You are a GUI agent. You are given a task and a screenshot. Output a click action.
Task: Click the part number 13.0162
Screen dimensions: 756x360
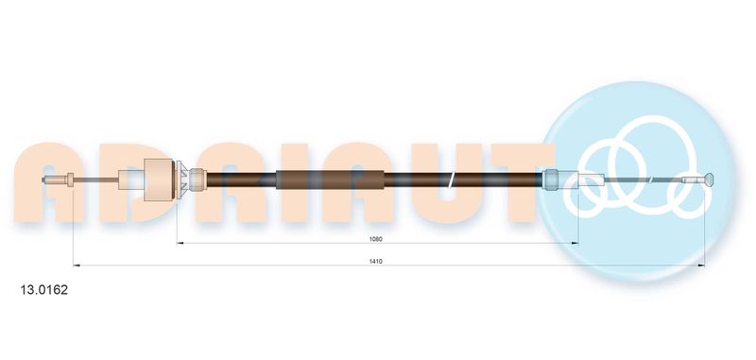pyautogui.click(x=43, y=290)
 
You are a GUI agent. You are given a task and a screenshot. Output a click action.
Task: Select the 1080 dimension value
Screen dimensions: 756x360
pyautogui.click(x=376, y=239)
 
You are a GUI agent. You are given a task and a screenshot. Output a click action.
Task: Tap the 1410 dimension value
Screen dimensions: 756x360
pyautogui.click(x=376, y=261)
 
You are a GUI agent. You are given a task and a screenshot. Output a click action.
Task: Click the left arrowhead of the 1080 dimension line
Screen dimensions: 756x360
pyautogui.click(x=180, y=244)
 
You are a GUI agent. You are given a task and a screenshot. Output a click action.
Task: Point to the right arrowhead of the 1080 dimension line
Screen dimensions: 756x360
pyautogui.click(x=575, y=244)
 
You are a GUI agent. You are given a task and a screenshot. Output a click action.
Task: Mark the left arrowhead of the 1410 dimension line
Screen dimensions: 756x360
pyautogui.click(x=77, y=266)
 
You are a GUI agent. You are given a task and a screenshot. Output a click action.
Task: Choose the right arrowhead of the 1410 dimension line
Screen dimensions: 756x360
pyautogui.click(x=701, y=266)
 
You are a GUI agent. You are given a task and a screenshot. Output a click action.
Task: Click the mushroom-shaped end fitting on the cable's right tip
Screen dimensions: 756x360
pyautogui.click(x=710, y=180)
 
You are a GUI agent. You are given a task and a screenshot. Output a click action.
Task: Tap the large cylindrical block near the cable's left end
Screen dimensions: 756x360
pyautogui.click(x=159, y=180)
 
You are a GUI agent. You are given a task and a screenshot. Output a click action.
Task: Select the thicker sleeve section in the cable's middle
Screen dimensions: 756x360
pyautogui.click(x=330, y=180)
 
